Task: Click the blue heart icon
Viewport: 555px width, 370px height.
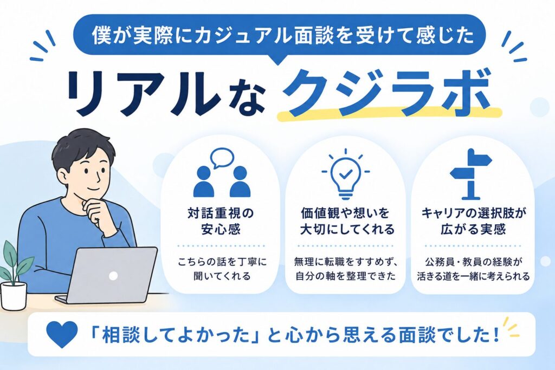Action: [62, 334]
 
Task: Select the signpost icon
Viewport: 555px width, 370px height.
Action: [470, 173]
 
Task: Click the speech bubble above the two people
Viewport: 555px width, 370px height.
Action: [222, 158]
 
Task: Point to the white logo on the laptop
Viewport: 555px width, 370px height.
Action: [113, 276]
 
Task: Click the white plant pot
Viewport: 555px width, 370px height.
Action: [14, 296]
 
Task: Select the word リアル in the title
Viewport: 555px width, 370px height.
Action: [141, 94]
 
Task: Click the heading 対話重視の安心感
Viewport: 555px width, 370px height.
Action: [221, 222]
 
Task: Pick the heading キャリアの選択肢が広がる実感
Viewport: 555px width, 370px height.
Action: [474, 222]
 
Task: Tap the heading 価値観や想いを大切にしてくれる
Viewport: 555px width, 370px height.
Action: [347, 222]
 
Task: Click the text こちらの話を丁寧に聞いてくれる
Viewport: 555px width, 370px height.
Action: [222, 269]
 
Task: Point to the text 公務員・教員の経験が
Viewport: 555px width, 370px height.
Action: [474, 262]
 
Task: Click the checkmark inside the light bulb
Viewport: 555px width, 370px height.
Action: [345, 173]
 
